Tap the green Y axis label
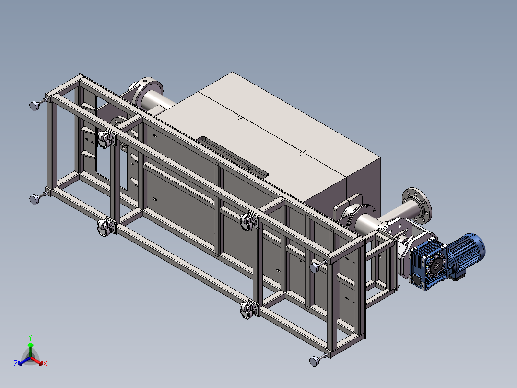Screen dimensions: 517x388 click(30, 338)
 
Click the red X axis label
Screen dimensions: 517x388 click(45, 364)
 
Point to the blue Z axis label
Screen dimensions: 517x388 click(16, 363)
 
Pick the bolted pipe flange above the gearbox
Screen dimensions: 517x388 click(417, 205)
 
